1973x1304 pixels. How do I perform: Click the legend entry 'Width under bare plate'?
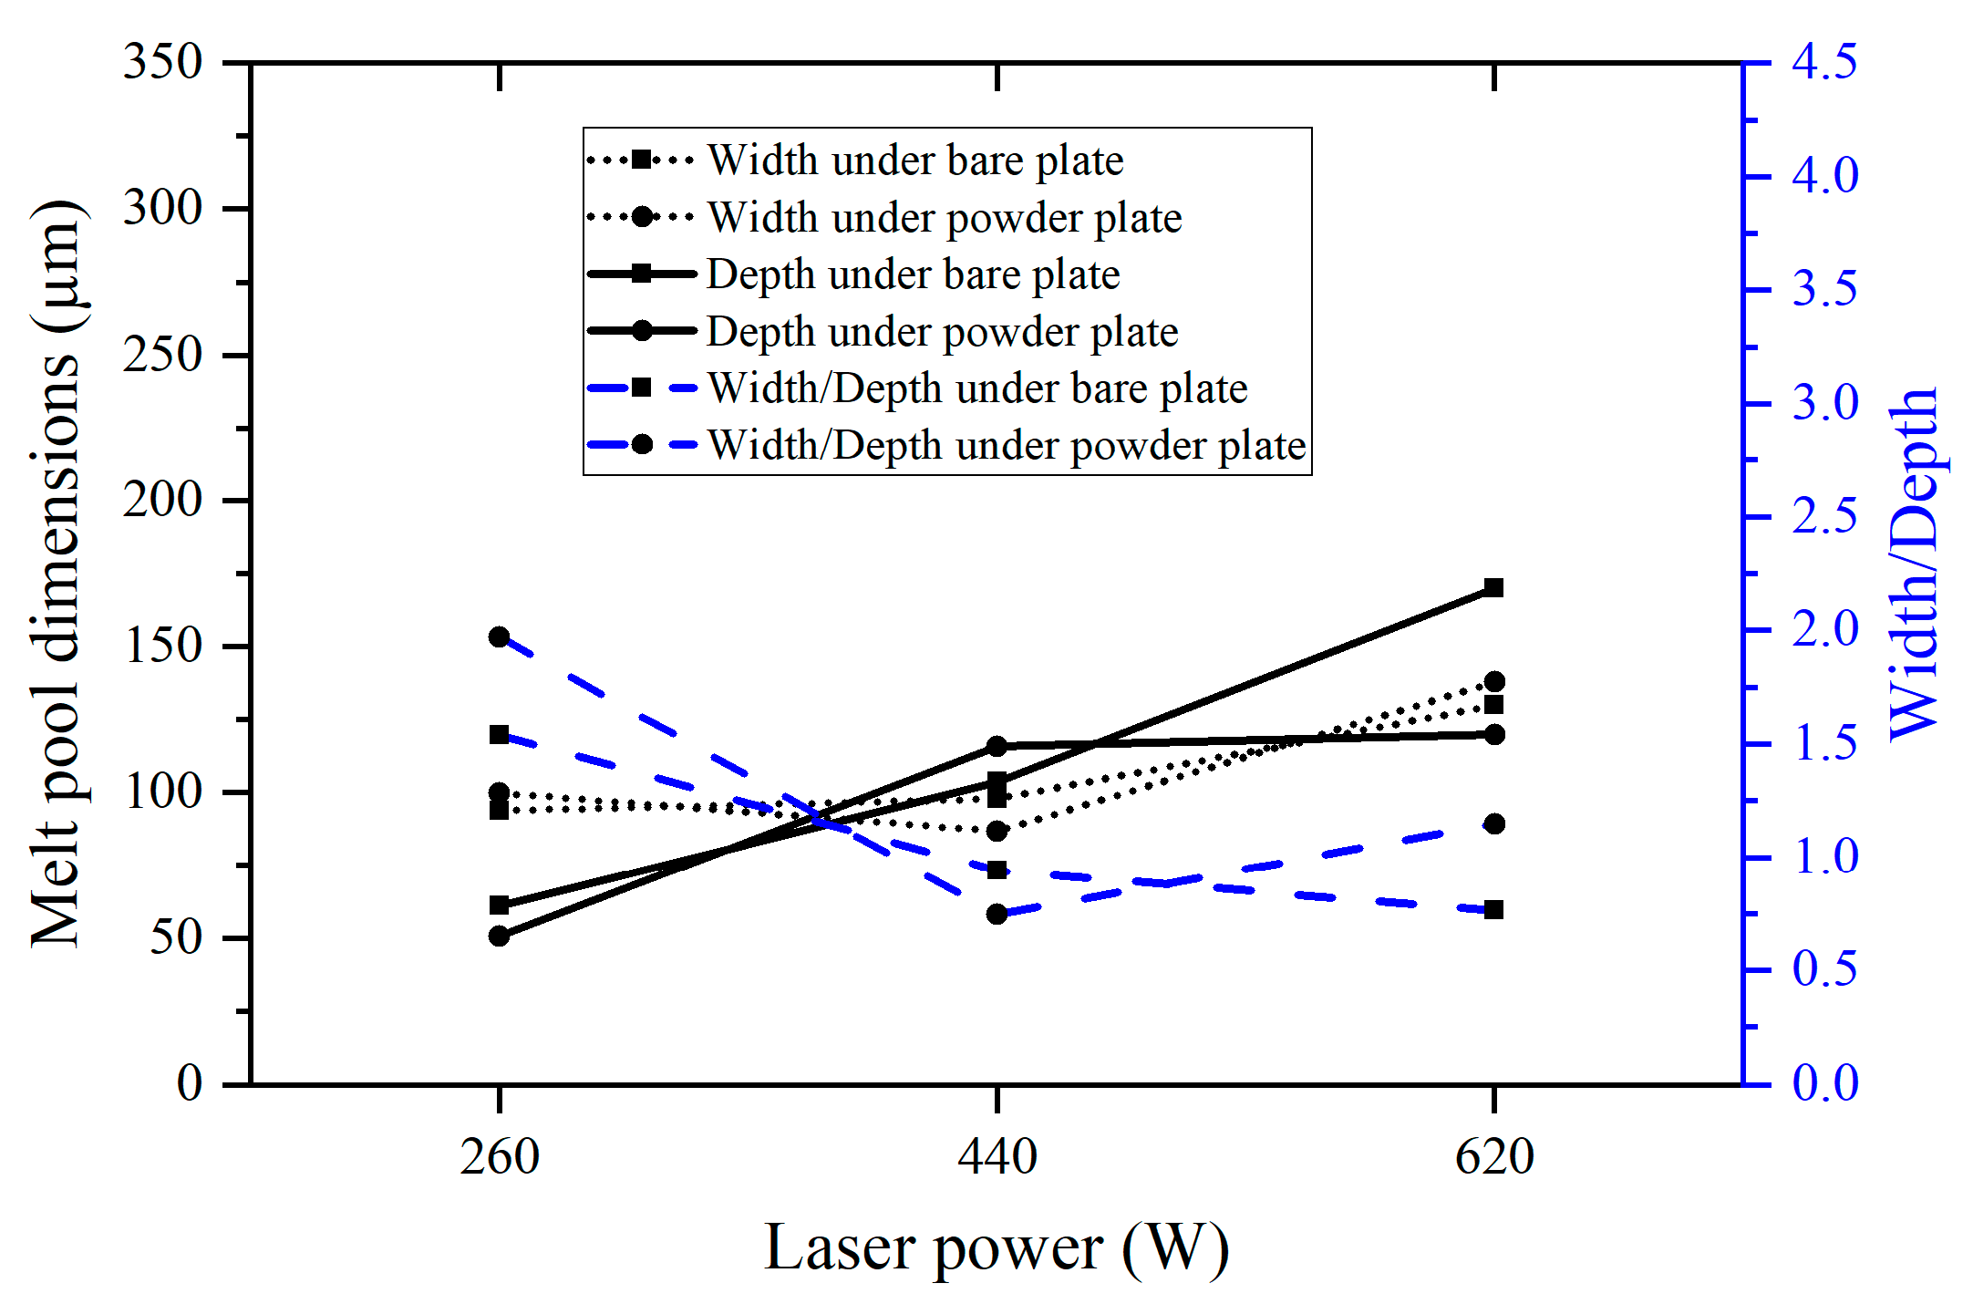click(914, 160)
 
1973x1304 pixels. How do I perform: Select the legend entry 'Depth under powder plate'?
click(942, 332)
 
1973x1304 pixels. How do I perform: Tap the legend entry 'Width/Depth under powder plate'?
click(1007, 446)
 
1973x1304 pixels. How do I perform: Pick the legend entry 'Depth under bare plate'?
click(913, 274)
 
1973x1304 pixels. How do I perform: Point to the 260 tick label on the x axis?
click(500, 1157)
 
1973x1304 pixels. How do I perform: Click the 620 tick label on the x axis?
click(1494, 1157)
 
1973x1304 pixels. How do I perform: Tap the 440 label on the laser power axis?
click(997, 1157)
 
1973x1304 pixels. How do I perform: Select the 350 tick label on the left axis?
click(162, 63)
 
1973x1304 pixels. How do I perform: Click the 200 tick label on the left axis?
click(162, 501)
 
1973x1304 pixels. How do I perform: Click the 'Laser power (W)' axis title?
click(997, 1247)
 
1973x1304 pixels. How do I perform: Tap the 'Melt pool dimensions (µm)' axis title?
click(57, 574)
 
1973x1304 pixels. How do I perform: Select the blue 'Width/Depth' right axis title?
click(1915, 565)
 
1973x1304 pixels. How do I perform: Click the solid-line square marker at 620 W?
click(1493, 588)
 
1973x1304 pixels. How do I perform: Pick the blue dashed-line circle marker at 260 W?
click(499, 636)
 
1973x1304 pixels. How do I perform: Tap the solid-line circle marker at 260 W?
click(499, 936)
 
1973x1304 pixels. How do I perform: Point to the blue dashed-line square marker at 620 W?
click(1493, 909)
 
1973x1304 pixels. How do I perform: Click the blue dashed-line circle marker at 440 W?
click(997, 914)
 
